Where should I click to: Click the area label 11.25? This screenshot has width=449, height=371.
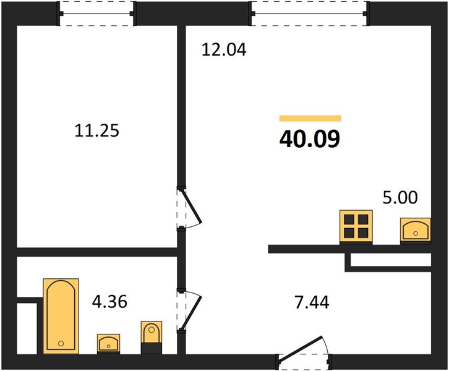[x=96, y=130]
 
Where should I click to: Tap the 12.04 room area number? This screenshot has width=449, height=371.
[x=224, y=49]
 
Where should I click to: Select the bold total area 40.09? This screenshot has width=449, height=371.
[x=310, y=139]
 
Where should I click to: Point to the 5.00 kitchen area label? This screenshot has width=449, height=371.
[x=400, y=197]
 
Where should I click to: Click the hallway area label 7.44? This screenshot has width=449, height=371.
[x=312, y=302]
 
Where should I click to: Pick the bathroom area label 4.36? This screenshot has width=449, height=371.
[x=109, y=302]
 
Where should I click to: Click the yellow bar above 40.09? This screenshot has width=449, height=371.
[x=310, y=118]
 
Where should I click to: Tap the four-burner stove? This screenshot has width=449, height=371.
[x=356, y=227]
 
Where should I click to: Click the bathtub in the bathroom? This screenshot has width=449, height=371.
[x=61, y=316]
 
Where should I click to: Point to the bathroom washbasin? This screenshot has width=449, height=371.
[x=108, y=344]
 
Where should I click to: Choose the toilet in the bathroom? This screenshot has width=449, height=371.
[x=151, y=337]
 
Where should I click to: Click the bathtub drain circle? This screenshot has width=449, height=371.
[x=61, y=343]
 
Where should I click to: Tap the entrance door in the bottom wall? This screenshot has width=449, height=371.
[x=304, y=352]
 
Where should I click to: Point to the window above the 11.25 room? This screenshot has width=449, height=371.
[x=96, y=14]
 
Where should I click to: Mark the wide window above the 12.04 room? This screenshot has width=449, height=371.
[x=310, y=14]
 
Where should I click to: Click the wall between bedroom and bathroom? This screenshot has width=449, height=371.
[x=96, y=252]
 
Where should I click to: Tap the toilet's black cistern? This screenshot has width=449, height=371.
[x=152, y=348]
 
